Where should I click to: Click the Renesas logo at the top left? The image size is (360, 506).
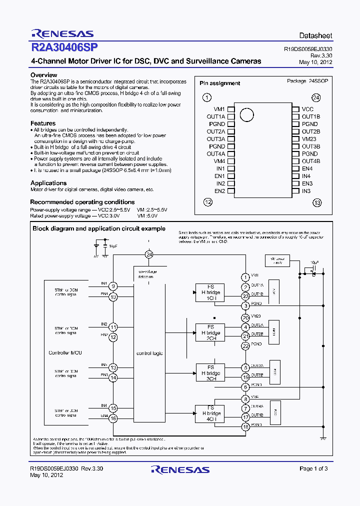(x=62, y=34)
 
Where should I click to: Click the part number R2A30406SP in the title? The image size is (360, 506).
(x=64, y=48)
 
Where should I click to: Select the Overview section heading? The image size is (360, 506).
(x=44, y=75)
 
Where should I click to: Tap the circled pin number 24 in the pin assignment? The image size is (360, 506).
(x=315, y=97)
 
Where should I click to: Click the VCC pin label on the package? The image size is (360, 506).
(x=307, y=109)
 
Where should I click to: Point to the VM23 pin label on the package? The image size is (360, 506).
(x=309, y=139)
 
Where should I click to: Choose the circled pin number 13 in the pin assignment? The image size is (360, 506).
(x=316, y=202)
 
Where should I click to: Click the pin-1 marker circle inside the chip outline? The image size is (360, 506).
(x=246, y=115)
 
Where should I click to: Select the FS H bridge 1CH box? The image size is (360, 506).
(x=210, y=292)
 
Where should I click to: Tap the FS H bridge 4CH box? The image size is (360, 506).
(x=210, y=413)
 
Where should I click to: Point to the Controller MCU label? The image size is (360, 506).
(x=65, y=353)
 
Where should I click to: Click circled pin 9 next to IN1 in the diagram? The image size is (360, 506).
(x=113, y=286)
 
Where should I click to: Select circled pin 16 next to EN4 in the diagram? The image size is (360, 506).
(x=113, y=418)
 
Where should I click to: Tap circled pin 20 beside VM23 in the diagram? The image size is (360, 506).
(x=245, y=317)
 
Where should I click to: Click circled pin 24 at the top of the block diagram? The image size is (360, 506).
(x=148, y=254)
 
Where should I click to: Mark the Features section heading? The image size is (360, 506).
(x=43, y=123)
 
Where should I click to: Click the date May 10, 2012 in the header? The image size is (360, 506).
(x=315, y=62)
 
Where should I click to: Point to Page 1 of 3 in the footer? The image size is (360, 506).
(x=313, y=468)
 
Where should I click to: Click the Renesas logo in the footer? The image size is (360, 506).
(x=180, y=469)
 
